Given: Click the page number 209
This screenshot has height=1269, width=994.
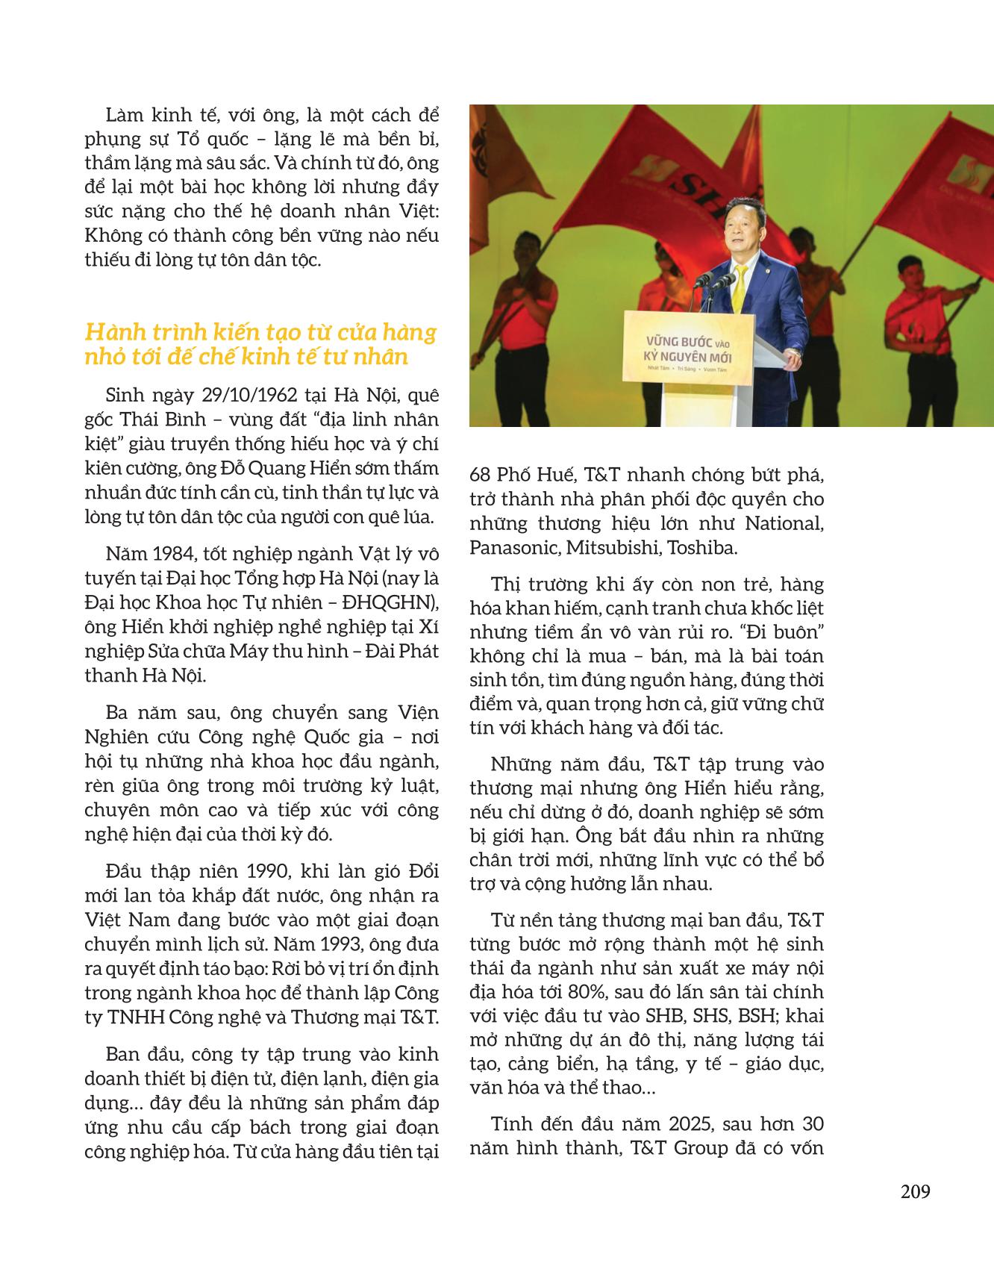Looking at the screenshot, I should point(915,1191).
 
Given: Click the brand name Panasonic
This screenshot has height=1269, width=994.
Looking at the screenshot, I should point(513,547).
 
